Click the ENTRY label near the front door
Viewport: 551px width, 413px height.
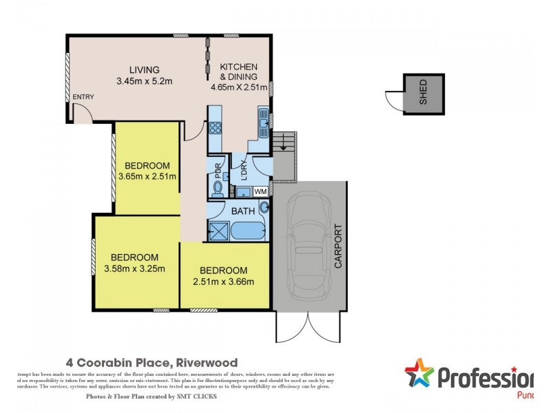click(x=83, y=97)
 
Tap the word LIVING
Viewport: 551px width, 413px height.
click(x=145, y=70)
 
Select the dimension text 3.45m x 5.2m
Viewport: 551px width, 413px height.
click(x=144, y=81)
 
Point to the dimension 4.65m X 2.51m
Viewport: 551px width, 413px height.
click(x=238, y=87)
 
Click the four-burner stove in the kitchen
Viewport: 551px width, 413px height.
click(x=214, y=127)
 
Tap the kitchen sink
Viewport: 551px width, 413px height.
click(x=263, y=123)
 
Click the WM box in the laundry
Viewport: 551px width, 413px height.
click(x=260, y=191)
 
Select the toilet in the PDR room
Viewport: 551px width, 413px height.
click(x=217, y=187)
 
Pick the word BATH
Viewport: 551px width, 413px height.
click(x=242, y=211)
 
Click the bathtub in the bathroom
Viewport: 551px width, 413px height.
click(x=248, y=230)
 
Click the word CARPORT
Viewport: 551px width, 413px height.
click(x=338, y=245)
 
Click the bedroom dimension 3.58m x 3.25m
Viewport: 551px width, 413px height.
click(x=134, y=268)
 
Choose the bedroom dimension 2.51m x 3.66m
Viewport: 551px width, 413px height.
click(x=224, y=281)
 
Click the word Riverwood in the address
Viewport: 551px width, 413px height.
click(x=207, y=362)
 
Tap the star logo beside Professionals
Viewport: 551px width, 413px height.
click(x=419, y=375)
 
